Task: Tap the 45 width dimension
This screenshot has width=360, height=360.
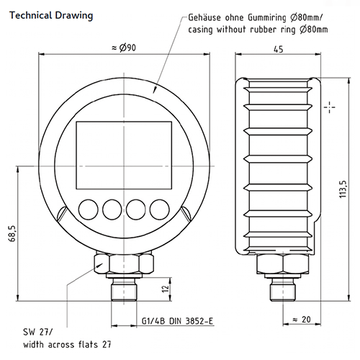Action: [x=278, y=48]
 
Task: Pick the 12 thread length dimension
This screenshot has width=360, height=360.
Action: [x=165, y=289]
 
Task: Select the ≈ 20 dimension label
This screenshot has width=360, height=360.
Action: [x=301, y=319]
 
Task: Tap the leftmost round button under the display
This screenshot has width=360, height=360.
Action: [x=89, y=209]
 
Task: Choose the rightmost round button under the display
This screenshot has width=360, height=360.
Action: [x=161, y=209]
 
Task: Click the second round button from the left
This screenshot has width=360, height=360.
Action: [x=112, y=209]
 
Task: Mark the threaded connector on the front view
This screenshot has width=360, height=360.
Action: [x=124, y=291]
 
